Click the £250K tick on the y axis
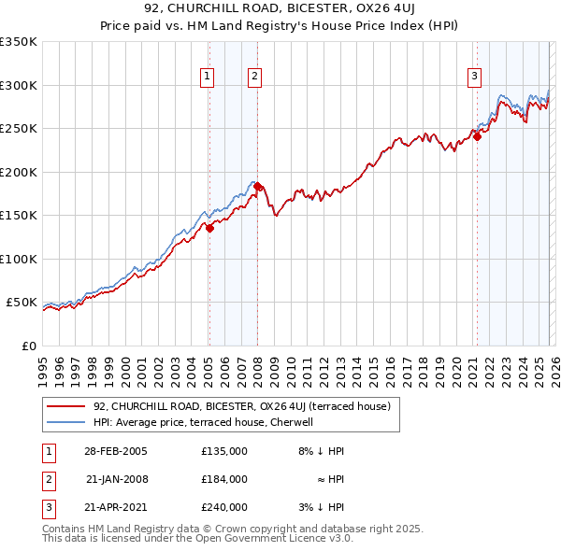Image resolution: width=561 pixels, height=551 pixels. [19, 129]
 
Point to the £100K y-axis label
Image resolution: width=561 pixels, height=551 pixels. [19, 259]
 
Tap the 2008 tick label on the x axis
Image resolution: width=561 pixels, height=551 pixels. [257, 364]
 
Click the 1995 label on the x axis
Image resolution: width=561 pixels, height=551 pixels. [42, 364]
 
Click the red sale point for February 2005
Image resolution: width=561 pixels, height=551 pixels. [210, 227]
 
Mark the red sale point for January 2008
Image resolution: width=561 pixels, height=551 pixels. [258, 187]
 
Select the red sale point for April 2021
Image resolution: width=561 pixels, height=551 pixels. [477, 136]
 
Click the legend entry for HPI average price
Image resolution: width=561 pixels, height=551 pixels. [207, 422]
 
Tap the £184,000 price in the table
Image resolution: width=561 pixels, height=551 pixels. [223, 479]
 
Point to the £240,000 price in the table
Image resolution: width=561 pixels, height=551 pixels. [223, 507]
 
